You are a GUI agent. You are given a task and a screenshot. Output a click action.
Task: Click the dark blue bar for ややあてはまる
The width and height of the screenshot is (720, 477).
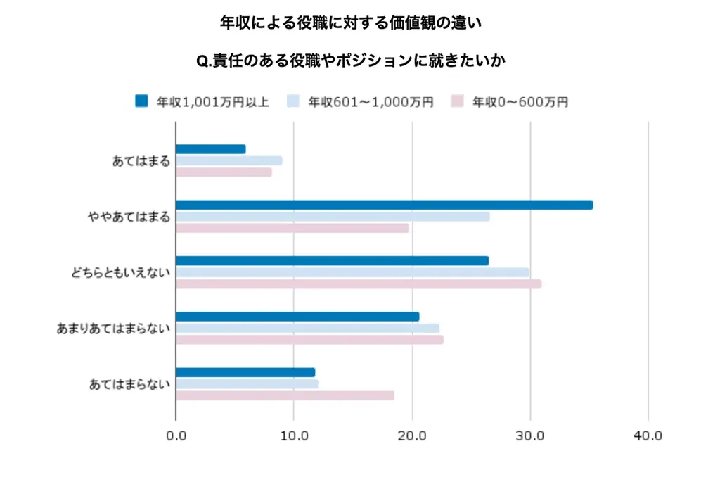[x=384, y=205]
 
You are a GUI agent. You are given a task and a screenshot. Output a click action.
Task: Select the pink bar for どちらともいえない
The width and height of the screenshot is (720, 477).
[x=359, y=284]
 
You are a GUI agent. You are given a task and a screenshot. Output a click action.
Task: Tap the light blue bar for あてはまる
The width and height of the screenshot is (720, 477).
[x=229, y=160]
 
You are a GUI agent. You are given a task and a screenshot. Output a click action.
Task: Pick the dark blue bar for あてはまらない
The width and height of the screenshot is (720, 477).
[x=245, y=372]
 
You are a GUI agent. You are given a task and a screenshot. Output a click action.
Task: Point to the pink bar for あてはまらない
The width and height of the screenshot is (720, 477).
[x=285, y=395]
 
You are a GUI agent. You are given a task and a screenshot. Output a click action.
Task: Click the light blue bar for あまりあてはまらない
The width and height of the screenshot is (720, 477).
[x=307, y=328]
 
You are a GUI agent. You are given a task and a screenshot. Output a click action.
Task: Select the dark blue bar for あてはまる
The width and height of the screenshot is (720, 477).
[x=210, y=149]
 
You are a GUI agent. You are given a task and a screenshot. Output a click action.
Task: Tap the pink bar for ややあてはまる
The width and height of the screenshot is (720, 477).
[x=292, y=228]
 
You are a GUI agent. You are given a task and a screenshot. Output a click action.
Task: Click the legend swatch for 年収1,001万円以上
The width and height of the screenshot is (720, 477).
[x=141, y=101]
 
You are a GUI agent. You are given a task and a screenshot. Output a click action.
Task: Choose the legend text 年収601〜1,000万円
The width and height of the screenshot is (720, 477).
[x=371, y=102]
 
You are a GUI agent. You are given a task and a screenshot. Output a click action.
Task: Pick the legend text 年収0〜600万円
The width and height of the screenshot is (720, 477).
[x=520, y=102]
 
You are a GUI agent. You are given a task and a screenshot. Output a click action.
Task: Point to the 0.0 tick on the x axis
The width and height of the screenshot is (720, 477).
[x=176, y=435]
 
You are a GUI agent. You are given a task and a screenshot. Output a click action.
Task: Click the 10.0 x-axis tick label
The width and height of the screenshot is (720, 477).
[x=294, y=435]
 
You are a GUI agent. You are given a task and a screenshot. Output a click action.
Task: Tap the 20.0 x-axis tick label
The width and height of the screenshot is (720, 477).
[x=412, y=435]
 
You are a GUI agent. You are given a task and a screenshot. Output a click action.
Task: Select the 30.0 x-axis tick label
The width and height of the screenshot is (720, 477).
[x=530, y=435]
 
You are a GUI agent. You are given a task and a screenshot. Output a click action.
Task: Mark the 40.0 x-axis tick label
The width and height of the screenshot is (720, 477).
[x=648, y=435]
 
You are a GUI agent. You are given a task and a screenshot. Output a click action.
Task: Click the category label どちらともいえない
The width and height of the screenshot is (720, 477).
[x=120, y=273]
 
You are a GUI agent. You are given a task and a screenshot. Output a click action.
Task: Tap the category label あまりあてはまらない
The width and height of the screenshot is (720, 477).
[x=113, y=329]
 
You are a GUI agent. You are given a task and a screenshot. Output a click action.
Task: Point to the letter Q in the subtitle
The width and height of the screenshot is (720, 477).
[x=202, y=62]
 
